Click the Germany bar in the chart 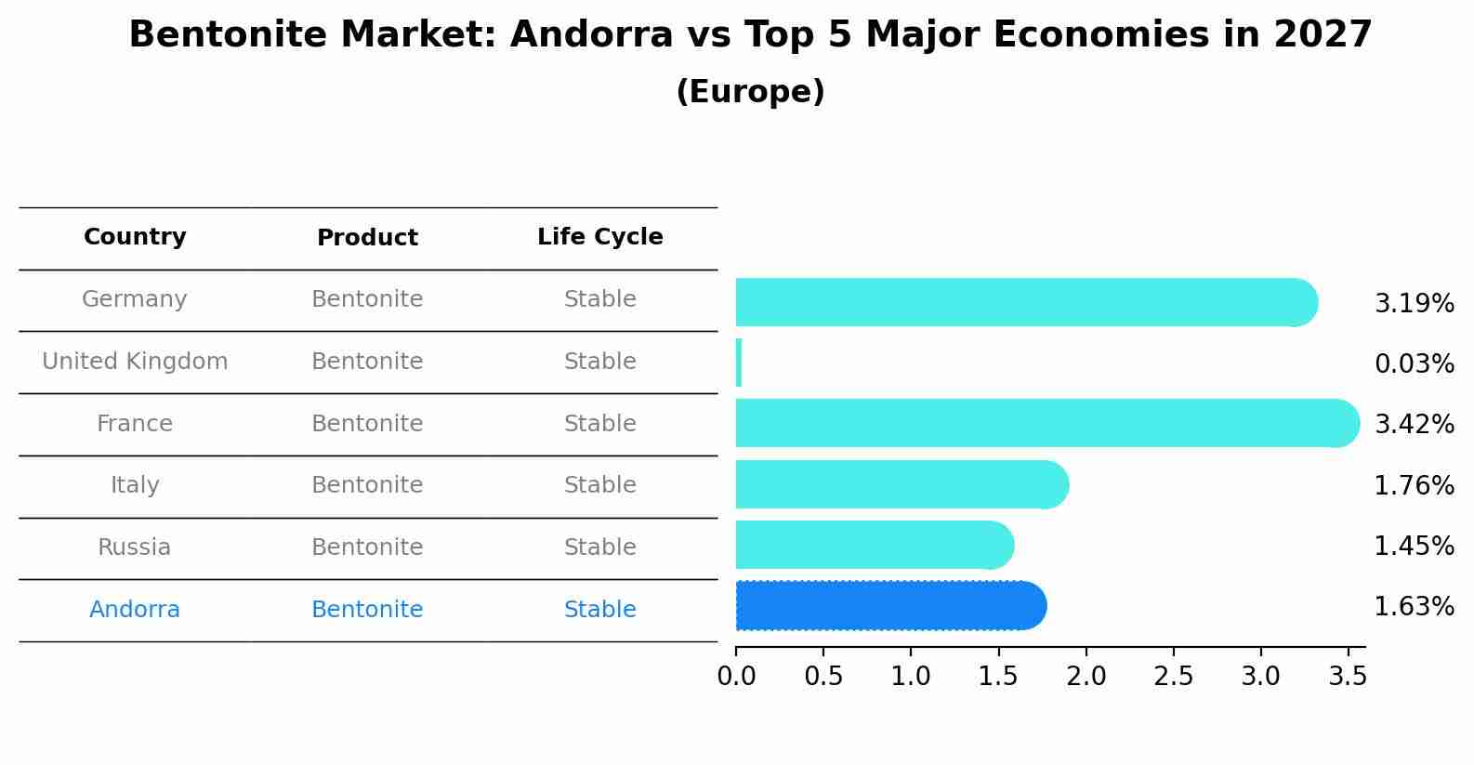point(1022,302)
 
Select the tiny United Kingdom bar point(739,363)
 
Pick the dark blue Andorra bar point(888,606)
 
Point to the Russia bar point(874,545)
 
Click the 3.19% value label point(1414,304)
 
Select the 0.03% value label point(1414,364)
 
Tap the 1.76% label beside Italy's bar point(1414,485)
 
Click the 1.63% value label point(1414,607)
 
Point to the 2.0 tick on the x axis point(1086,677)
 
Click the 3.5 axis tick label point(1348,677)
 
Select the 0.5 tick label point(823,677)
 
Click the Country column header point(135,237)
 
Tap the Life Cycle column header point(599,237)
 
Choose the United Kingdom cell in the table point(135,362)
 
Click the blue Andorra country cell point(135,610)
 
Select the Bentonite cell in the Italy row point(367,485)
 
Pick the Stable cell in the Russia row point(599,547)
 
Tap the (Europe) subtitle point(750,92)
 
